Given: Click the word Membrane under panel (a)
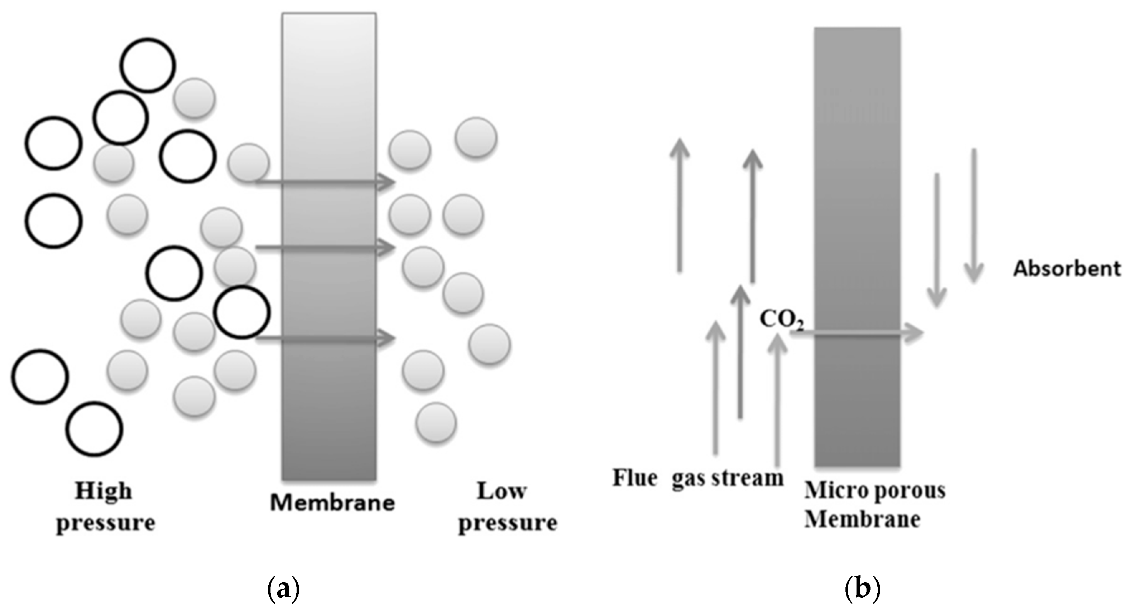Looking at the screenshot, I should point(332,503).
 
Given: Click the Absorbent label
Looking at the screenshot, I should point(1066,268).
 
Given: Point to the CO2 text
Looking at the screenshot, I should point(781,319).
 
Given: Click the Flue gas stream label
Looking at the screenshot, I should point(697,478).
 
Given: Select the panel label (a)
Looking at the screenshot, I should point(283,589).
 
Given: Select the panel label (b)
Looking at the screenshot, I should point(862,589).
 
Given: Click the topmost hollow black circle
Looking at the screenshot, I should point(148,65).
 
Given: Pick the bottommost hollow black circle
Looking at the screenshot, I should point(94,429).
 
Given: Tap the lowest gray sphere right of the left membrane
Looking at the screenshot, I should point(436,423).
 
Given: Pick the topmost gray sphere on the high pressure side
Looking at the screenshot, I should point(194,98).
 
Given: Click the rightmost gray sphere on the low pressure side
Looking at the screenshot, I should point(490,344).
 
